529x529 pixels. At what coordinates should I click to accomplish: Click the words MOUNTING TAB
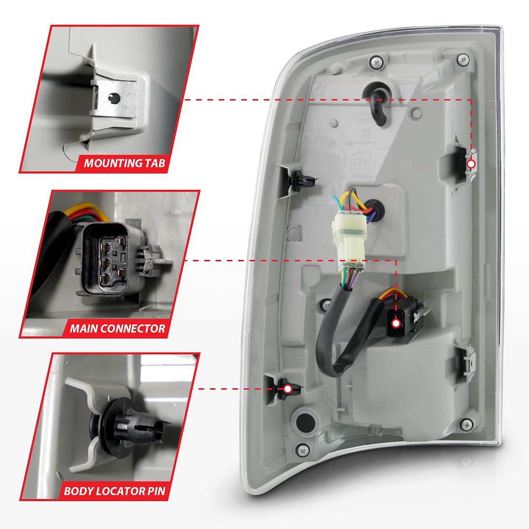tap(124, 163)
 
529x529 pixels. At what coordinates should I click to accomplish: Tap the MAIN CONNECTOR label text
tap(118, 328)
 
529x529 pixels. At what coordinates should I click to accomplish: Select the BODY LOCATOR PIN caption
tap(115, 491)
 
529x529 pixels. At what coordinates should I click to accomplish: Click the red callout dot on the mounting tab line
tap(471, 164)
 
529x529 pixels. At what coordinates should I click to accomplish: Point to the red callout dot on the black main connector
tap(396, 323)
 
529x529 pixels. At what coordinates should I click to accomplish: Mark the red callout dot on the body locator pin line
tap(288, 389)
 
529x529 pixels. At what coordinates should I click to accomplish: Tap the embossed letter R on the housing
tap(363, 134)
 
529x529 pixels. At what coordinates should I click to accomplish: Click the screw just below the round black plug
tap(304, 449)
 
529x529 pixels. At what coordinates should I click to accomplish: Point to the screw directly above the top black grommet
tap(377, 62)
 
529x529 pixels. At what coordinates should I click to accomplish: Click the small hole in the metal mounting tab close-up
tap(115, 98)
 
